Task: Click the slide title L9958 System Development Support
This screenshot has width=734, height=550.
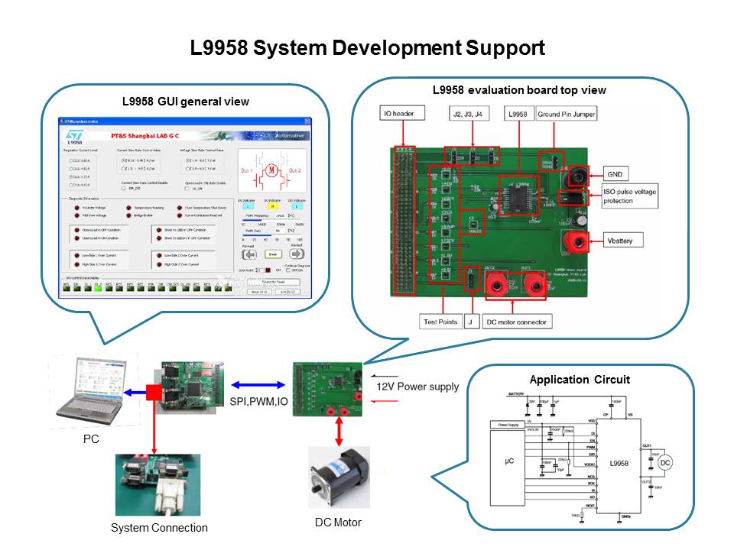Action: click(x=367, y=49)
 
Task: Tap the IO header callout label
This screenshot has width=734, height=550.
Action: click(x=398, y=115)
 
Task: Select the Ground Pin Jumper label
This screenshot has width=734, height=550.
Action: click(x=566, y=115)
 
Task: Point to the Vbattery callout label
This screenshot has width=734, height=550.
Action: click(x=623, y=241)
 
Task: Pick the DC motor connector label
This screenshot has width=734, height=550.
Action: click(x=516, y=322)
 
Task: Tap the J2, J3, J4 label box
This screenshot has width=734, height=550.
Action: click(x=469, y=115)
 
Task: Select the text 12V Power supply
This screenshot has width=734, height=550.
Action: click(x=417, y=387)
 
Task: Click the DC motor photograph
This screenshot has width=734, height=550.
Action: click(x=338, y=477)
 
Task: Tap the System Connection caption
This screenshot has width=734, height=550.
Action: click(x=159, y=528)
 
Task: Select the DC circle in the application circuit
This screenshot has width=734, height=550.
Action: click(x=665, y=463)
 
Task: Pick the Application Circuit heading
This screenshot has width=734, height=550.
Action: click(x=580, y=380)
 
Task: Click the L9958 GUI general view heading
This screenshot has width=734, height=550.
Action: click(x=186, y=102)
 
